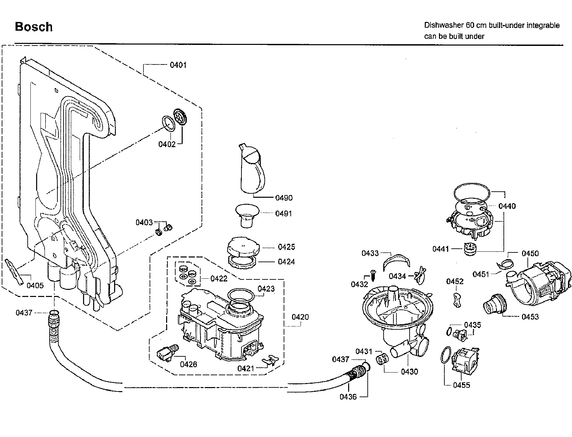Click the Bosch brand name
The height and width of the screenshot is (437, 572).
pyautogui.click(x=34, y=27)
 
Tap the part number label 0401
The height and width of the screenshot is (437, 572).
pyautogui.click(x=178, y=65)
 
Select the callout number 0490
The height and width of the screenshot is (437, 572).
pyautogui.click(x=284, y=198)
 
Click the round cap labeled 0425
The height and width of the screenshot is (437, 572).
pyautogui.click(x=243, y=247)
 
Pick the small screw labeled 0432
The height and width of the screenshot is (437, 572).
pyautogui.click(x=373, y=275)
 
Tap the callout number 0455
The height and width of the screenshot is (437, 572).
pyautogui.click(x=462, y=385)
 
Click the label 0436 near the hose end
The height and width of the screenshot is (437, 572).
pyautogui.click(x=348, y=397)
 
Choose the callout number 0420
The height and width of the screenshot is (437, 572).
pyautogui.click(x=300, y=317)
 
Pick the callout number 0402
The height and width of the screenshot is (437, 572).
pyautogui.click(x=167, y=144)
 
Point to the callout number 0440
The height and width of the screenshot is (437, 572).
pyautogui.click(x=507, y=206)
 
